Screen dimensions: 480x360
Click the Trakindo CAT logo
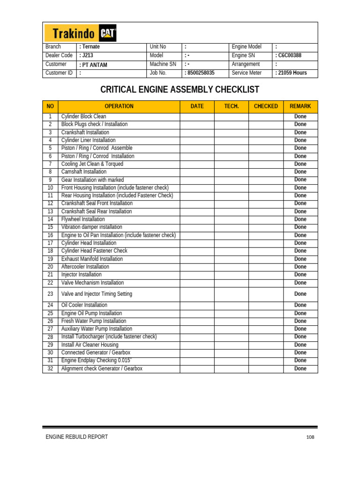(x=81, y=33)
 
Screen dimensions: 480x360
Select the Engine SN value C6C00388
(x=289, y=55)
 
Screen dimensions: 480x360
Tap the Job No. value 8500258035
(x=200, y=73)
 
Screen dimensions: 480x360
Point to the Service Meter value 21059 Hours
(x=292, y=73)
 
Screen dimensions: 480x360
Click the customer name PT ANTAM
(x=94, y=65)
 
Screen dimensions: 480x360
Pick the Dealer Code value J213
(x=87, y=55)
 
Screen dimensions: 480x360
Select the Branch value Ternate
(x=90, y=47)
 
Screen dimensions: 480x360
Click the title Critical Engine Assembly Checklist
(x=180, y=90)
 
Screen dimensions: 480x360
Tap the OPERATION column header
(x=119, y=106)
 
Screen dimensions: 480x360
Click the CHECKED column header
(x=266, y=106)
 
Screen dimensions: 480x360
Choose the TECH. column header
(x=232, y=106)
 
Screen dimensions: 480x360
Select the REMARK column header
(x=300, y=106)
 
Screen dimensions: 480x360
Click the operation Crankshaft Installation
(x=85, y=132)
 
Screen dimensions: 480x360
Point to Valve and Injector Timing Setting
(x=97, y=294)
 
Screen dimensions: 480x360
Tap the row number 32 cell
(x=50, y=368)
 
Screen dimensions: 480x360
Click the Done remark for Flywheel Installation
(x=300, y=219)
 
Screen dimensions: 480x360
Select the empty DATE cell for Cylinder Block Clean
(x=197, y=116)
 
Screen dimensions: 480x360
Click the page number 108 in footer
(x=310, y=437)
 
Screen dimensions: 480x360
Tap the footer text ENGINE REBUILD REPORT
(x=76, y=437)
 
